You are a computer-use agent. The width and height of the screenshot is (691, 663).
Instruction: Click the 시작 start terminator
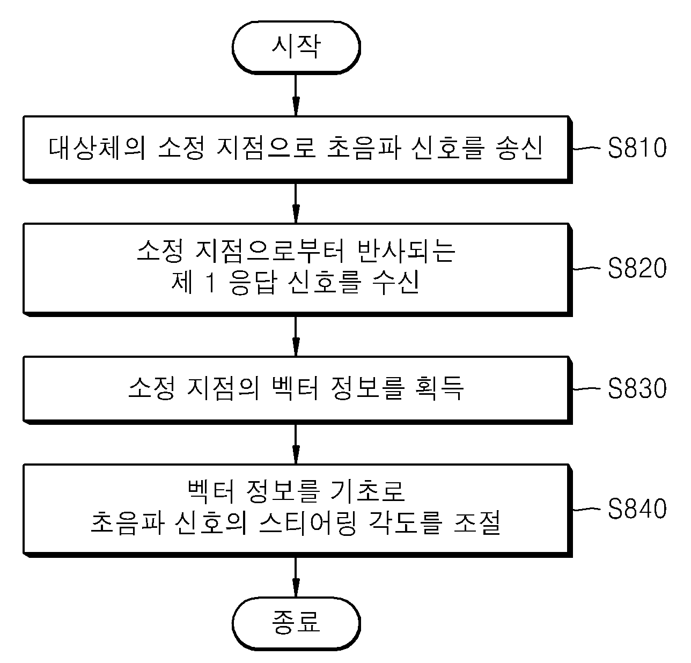tap(296, 48)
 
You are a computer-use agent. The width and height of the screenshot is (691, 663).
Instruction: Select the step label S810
tap(637, 148)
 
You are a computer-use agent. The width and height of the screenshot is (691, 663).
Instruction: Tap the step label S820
tap(637, 268)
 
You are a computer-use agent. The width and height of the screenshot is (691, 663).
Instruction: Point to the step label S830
tap(637, 388)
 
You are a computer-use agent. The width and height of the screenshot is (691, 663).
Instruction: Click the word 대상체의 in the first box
tap(97, 148)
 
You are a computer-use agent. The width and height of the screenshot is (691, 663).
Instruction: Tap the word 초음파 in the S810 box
tap(364, 148)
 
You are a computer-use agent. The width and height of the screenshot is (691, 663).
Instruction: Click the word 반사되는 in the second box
tap(406, 251)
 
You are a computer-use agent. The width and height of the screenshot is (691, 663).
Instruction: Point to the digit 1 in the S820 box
tap(211, 282)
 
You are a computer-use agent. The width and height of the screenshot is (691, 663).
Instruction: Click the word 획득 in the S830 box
tap(439, 388)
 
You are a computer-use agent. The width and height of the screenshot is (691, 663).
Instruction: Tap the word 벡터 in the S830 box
tap(295, 388)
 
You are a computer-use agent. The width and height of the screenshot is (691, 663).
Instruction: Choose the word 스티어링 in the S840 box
tap(307, 523)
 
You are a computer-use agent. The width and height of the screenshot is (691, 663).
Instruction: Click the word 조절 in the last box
tap(477, 523)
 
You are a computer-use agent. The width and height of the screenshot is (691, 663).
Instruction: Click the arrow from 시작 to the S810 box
tap(296, 95)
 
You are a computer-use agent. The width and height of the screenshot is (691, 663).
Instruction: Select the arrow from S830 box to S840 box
tap(296, 444)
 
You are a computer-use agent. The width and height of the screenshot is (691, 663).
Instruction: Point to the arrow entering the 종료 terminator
tap(296, 577)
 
